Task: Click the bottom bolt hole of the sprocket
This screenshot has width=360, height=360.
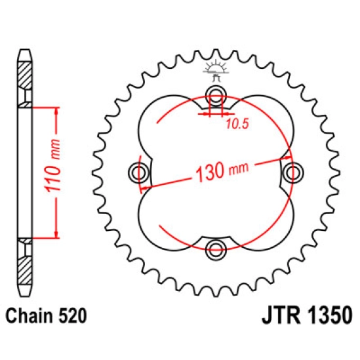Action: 216,249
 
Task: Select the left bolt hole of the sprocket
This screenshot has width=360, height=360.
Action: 138,172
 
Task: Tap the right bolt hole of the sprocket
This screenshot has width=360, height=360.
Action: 292,172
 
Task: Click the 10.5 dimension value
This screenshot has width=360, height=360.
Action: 237,124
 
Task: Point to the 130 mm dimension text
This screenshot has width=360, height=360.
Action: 222,171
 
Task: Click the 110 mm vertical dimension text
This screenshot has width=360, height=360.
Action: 53,166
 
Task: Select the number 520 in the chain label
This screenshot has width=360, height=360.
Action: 73,315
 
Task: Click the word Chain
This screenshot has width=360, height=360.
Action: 30,315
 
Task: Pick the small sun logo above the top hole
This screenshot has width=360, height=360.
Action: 216,70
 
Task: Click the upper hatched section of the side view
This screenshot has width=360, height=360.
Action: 24,76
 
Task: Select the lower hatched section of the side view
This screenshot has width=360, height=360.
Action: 24,270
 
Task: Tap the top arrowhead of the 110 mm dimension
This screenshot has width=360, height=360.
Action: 56,111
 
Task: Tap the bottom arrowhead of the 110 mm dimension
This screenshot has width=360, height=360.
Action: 56,234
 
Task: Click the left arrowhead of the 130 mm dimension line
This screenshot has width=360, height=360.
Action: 145,188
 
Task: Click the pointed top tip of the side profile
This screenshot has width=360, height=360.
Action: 25,50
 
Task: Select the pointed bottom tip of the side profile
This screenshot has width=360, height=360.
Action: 25,296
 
